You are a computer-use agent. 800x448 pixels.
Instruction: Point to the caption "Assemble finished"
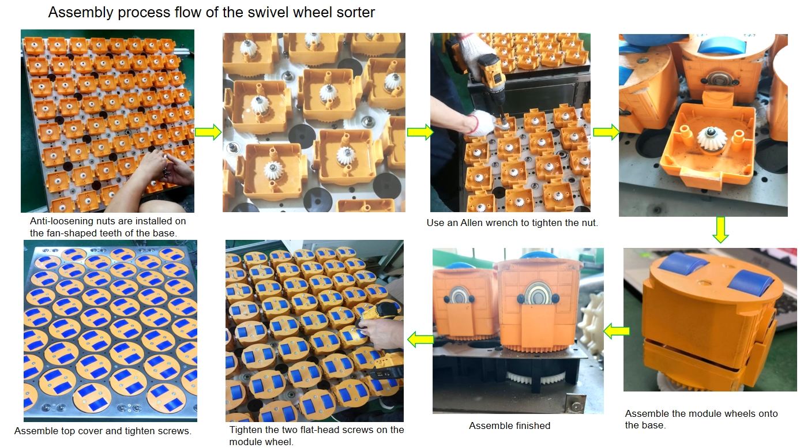pos(509,426)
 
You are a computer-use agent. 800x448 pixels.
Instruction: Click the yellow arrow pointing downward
pos(720,230)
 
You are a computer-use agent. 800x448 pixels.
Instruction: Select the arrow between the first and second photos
pos(208,132)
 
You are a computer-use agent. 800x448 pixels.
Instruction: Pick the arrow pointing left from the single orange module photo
pos(617,331)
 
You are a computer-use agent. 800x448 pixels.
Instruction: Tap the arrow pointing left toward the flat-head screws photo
pos(420,339)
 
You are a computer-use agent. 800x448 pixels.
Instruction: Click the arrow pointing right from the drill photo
pos(606,132)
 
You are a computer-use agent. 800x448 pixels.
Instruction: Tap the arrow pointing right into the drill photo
pos(420,132)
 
